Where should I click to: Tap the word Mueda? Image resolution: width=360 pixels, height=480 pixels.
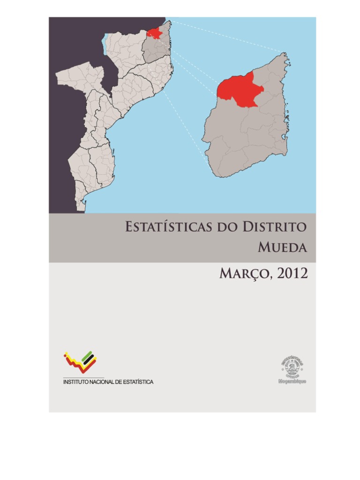coord(282,247)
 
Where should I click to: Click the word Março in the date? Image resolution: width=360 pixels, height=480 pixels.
coord(243,274)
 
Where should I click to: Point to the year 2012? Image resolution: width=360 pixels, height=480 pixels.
coord(292,274)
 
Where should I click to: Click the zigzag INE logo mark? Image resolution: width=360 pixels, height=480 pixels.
coord(80,362)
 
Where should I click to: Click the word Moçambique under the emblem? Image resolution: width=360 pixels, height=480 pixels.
coord(292,382)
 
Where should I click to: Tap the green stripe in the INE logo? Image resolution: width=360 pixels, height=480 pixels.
coord(88,357)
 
